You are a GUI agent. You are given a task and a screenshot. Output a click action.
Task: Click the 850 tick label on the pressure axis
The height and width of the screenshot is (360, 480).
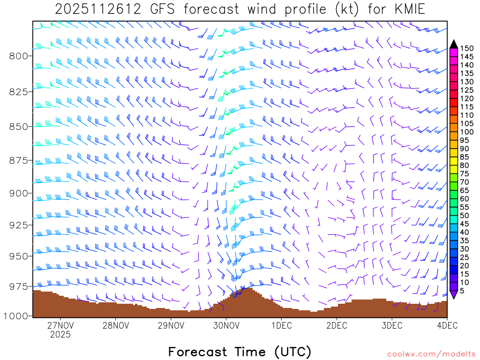pyautogui.click(x=19, y=127)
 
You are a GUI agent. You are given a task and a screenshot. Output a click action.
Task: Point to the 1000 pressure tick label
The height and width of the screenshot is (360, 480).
pyautogui.click(x=16, y=316)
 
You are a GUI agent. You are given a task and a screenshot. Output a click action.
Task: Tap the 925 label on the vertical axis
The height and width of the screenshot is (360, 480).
pyautogui.click(x=19, y=225)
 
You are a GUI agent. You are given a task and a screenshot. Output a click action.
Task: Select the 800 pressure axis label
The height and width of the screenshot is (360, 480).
pyautogui.click(x=19, y=56)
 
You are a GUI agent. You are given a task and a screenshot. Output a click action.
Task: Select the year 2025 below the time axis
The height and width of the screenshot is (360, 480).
pyautogui.click(x=60, y=335)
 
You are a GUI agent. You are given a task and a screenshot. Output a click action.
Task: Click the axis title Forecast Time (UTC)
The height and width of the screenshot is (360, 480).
pyautogui.click(x=240, y=352)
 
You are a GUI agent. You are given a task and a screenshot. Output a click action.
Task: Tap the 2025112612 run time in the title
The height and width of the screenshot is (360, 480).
pyautogui.click(x=91, y=9)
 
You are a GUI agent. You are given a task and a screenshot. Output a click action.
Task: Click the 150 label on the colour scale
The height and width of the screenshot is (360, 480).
pyautogui.click(x=467, y=48)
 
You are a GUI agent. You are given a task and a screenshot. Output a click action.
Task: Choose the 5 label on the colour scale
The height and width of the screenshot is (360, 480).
pyautogui.click(x=462, y=291)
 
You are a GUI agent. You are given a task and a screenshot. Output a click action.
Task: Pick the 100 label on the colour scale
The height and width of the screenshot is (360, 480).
pyautogui.click(x=467, y=132)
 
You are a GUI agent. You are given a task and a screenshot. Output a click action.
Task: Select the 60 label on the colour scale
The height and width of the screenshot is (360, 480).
pyautogui.click(x=465, y=199)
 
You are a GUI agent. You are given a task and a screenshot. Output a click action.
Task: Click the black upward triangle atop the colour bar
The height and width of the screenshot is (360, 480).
pyautogui.click(x=454, y=44)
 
